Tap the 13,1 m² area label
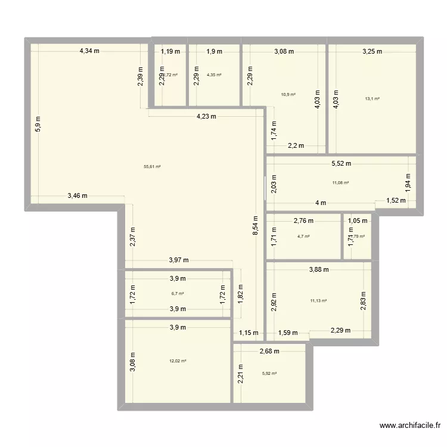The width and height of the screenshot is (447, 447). click(373, 99)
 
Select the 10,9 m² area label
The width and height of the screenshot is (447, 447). click(288, 94)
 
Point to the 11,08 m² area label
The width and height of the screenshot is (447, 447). click(340, 183)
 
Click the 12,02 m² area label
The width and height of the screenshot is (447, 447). click(178, 361)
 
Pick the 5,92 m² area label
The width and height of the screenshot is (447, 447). click(269, 374)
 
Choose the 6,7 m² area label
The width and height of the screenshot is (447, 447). click(178, 293)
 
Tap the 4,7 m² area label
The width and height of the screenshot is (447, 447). click(304, 236)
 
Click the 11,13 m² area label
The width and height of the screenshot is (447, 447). click(318, 301)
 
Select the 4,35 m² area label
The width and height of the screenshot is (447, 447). click(214, 75)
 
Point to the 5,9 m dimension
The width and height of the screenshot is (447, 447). click(38, 123)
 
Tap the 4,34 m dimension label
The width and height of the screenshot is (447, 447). click(89, 51)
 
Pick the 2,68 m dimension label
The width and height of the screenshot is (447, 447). click(269, 352)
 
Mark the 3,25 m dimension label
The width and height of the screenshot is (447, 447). click(372, 51)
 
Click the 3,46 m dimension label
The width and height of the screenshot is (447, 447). click(77, 195)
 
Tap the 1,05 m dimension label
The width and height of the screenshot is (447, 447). click(358, 221)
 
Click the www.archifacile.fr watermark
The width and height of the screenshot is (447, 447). click(410, 426)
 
